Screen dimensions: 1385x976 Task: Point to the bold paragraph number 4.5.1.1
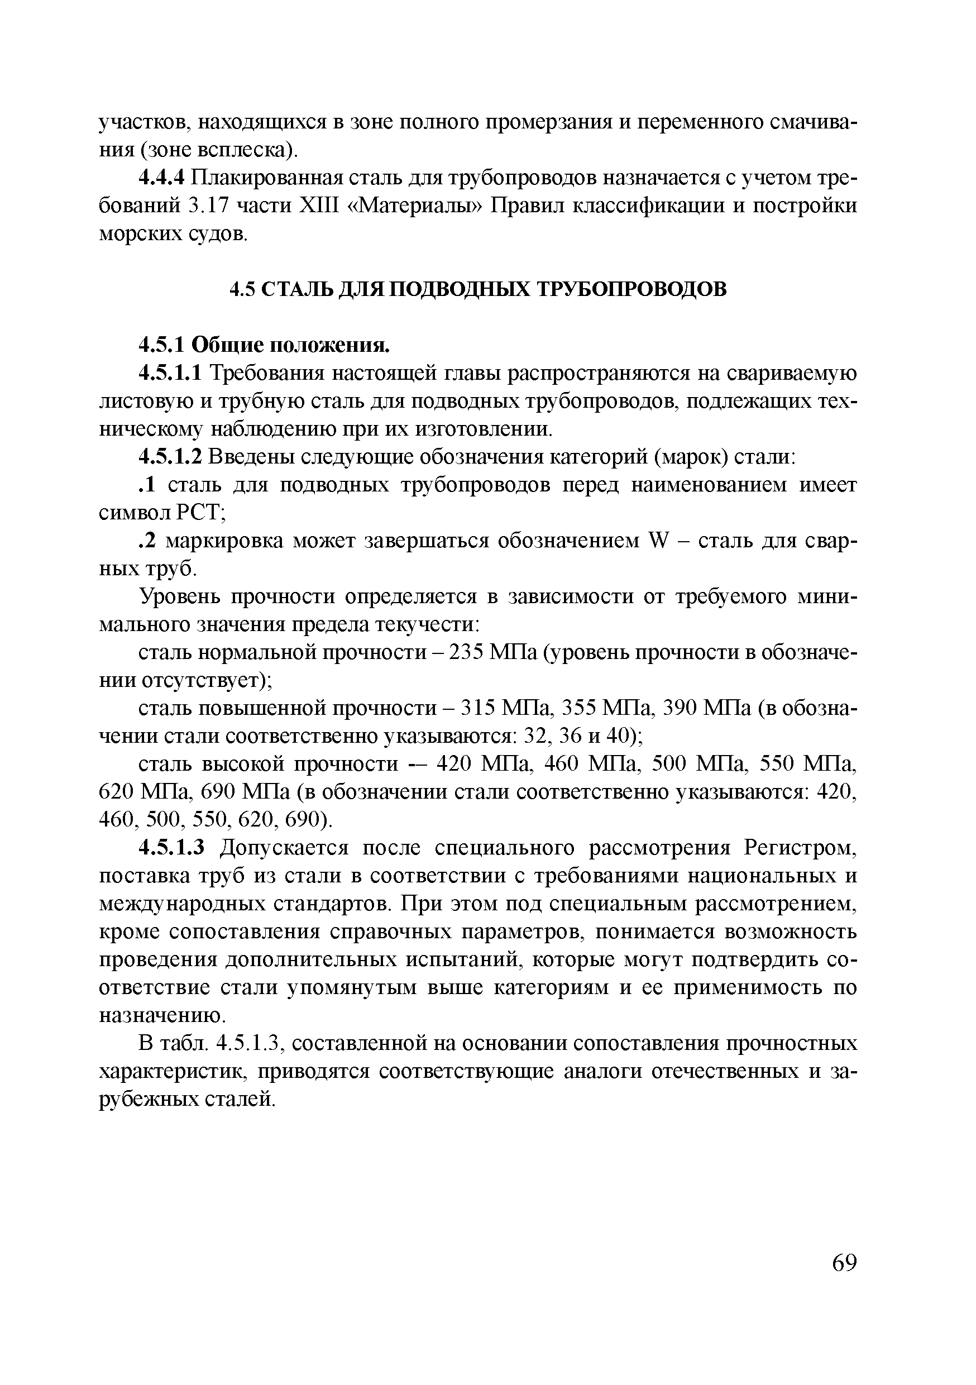point(171,374)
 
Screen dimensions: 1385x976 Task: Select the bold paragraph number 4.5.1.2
point(171,457)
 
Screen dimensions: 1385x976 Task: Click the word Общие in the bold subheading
point(227,345)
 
